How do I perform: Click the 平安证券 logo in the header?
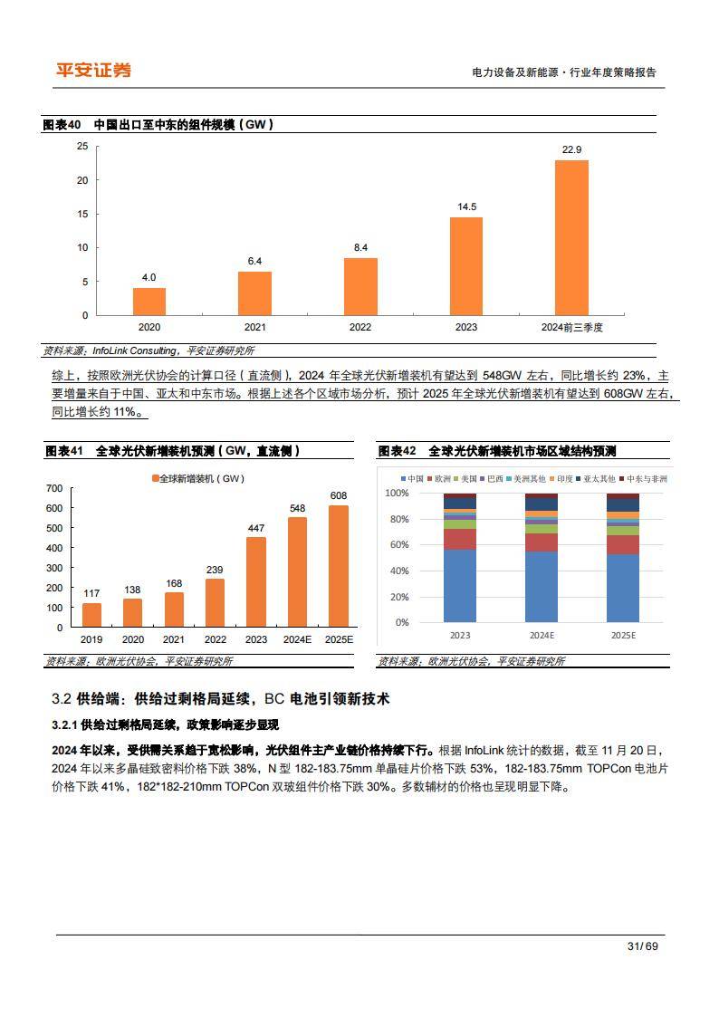[93, 71]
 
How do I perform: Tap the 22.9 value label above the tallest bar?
[571, 149]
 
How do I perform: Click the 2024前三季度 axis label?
[571, 327]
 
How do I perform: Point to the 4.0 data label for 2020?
[149, 277]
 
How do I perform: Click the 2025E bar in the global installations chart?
[338, 566]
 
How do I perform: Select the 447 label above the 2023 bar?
[256, 528]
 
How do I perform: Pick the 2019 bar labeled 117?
[91, 615]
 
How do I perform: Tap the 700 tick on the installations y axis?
[53, 489]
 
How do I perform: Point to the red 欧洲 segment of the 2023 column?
[460, 539]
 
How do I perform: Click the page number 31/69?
[641, 946]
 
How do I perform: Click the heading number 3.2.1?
[65, 724]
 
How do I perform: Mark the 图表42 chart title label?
[397, 451]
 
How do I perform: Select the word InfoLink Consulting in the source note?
[135, 350]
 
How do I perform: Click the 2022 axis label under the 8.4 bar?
[360, 327]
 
